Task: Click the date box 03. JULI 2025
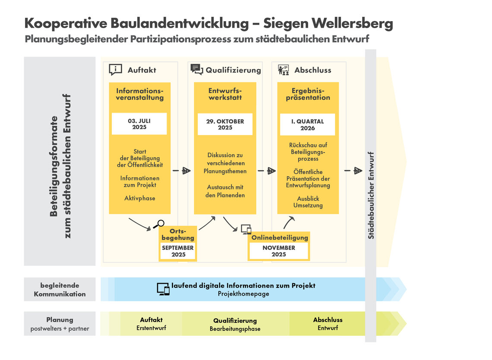coord(139,124)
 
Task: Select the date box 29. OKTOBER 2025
coord(225,124)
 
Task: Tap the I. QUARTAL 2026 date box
coord(308,124)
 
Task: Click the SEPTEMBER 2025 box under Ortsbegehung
coord(178,252)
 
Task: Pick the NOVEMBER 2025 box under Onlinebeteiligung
coord(279,251)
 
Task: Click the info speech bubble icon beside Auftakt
coord(116,69)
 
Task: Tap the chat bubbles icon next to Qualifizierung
coord(196,69)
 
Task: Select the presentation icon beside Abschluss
coord(283,69)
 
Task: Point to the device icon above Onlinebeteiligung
coord(246,230)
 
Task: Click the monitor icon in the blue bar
coord(163,289)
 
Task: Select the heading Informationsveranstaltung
coord(140,94)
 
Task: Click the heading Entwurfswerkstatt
coord(225,94)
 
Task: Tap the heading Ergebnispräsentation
coord(308,94)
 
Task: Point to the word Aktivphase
coord(140,198)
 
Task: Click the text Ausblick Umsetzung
coord(308,202)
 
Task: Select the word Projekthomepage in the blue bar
coord(243,294)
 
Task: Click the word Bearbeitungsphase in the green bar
coord(235,329)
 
